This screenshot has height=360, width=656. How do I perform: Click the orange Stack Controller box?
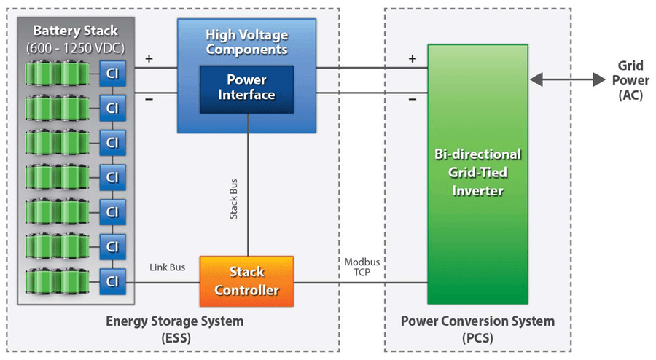pyautogui.click(x=246, y=281)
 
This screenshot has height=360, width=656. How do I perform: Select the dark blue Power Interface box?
pyautogui.click(x=246, y=87)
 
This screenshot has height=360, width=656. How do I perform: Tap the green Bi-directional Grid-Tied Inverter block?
pyautogui.click(x=477, y=173)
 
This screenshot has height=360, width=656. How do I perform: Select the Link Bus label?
pyautogui.click(x=166, y=267)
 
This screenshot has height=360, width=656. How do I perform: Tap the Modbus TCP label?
pyautogui.click(x=362, y=267)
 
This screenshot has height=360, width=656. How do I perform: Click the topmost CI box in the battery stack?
pyautogui.click(x=112, y=73)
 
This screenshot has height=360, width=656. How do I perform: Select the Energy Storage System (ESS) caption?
pyautogui.click(x=175, y=328)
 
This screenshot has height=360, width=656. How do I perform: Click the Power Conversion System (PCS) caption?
pyautogui.click(x=477, y=328)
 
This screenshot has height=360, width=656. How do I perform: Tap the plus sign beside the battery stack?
pyautogui.click(x=149, y=58)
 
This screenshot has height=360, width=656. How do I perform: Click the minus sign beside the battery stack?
pyautogui.click(x=149, y=100)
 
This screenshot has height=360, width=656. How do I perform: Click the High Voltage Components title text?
pyautogui.click(x=246, y=42)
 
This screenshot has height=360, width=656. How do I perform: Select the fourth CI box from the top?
pyautogui.click(x=112, y=177)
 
